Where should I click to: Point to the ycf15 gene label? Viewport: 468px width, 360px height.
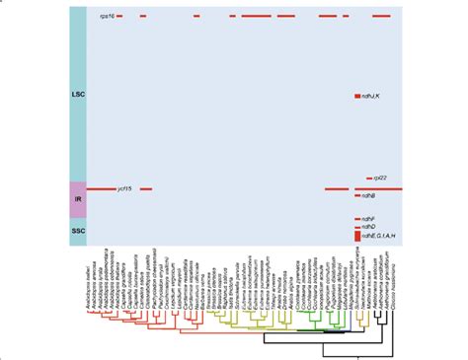click(124, 189)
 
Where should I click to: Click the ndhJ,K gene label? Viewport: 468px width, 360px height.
click(375, 96)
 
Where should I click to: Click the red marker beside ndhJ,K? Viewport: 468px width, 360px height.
click(358, 96)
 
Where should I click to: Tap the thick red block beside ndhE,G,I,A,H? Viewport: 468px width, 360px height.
click(358, 236)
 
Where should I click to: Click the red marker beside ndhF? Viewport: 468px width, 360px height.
click(358, 218)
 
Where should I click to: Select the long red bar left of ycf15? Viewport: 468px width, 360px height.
click(101, 189)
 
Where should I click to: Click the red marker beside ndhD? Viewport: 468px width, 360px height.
click(358, 228)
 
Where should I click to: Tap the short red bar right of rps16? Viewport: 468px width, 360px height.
click(119, 18)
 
